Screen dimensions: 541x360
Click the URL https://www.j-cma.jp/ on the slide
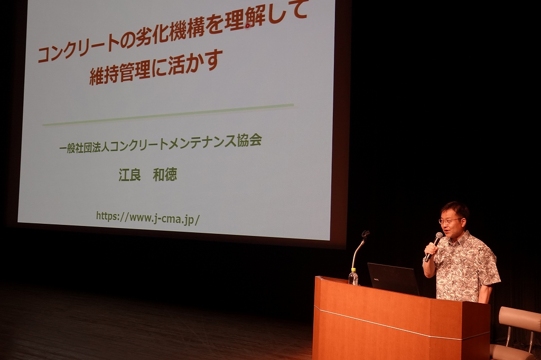coord(148,218)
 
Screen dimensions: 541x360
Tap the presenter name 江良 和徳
coord(148,175)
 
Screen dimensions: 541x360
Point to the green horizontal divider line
coord(168,114)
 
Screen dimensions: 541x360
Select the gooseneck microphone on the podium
coord(359,248)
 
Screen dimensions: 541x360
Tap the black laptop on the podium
coord(393,279)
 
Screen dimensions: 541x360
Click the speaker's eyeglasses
coord(449,221)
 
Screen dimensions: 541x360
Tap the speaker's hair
coord(455,209)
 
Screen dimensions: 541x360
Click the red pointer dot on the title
coord(247,25)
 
